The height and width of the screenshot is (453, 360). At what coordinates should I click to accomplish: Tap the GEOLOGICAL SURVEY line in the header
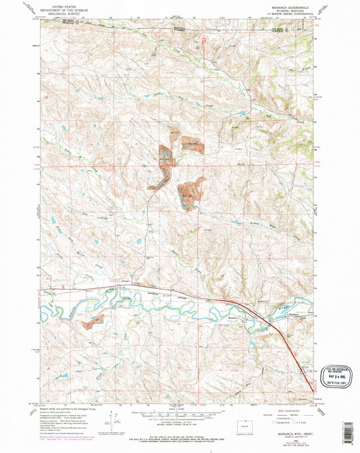61,12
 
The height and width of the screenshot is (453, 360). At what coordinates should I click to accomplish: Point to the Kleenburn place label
296,315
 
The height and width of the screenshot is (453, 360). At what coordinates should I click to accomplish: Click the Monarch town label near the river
233,317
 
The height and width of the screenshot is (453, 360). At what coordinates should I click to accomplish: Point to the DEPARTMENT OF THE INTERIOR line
61,8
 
